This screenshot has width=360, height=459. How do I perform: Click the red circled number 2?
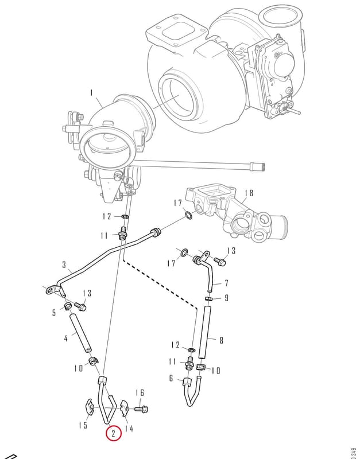pos(114,433)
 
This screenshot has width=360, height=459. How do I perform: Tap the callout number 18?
pos(249,193)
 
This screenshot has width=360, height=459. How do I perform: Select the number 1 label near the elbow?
pos(91,93)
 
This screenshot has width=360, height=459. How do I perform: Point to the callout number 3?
pos(64,265)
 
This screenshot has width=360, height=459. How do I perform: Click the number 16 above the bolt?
pos(140,393)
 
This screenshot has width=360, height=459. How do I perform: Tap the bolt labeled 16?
pos(141,409)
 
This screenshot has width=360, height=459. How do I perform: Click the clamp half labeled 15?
pos(88,407)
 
